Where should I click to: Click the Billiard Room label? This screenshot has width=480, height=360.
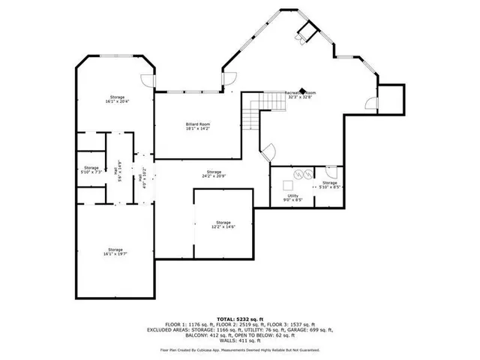(198, 126)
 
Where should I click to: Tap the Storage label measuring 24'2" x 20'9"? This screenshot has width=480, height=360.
(214, 173)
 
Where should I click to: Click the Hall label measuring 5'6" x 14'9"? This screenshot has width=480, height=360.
(118, 170)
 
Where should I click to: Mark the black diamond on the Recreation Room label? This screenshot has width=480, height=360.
(304, 88)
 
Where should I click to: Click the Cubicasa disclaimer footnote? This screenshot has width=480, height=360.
(240, 350)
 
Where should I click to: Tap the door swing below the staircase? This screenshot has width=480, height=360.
(264, 151)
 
